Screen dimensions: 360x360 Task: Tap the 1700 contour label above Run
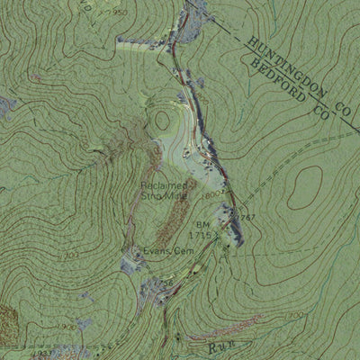point(292,317)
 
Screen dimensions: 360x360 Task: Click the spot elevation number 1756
point(164,284)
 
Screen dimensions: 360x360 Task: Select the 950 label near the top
point(121,13)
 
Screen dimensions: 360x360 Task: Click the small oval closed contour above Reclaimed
point(162,119)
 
